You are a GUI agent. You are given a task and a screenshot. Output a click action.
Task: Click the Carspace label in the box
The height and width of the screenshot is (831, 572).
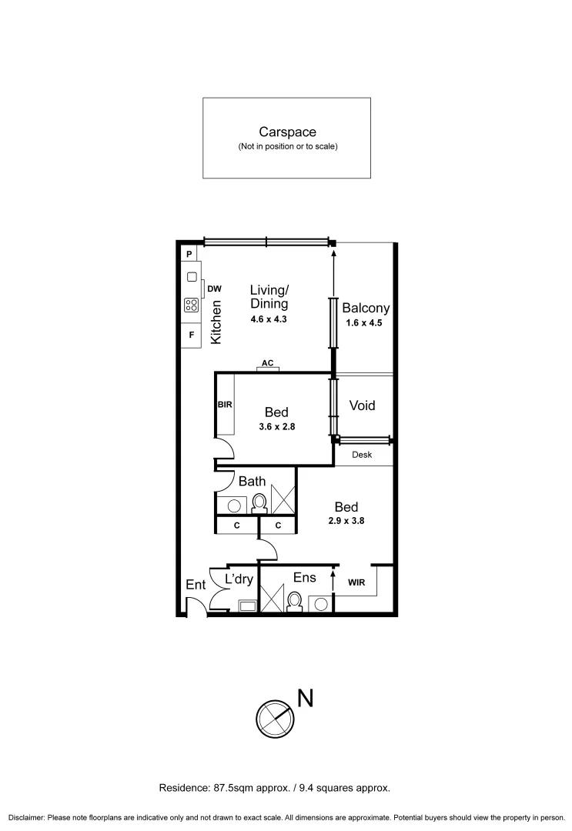287,132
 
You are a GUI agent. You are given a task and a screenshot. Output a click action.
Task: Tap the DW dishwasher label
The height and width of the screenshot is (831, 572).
214,289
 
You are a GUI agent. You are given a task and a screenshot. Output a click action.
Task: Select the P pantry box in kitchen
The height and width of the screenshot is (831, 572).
189,253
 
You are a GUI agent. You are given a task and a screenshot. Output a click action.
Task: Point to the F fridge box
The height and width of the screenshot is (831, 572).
191,335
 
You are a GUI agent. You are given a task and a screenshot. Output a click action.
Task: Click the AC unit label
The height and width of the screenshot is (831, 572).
267,362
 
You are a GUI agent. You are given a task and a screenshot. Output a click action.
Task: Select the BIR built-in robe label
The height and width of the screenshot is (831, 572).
225,404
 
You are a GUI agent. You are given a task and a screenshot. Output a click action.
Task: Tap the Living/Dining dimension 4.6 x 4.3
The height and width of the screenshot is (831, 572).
269,319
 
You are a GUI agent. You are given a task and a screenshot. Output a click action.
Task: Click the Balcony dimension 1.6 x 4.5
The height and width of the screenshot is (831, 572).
366,323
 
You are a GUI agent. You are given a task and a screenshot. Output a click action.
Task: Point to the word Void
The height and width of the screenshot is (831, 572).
362,405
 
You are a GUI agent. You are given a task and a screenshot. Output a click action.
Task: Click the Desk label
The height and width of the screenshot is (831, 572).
362,455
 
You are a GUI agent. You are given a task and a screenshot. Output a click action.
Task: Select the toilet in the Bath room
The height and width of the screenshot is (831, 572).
259,503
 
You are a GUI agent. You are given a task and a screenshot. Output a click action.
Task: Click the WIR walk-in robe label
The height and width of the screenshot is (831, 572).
356,582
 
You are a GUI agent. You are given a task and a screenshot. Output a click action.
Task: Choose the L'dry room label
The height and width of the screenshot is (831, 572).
239,579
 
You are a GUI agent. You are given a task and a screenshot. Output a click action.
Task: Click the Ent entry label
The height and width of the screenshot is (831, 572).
196,585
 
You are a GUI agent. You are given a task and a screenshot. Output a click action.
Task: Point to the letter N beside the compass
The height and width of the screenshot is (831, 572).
305,698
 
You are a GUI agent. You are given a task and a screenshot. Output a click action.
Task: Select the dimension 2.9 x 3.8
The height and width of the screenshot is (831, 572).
346,520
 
